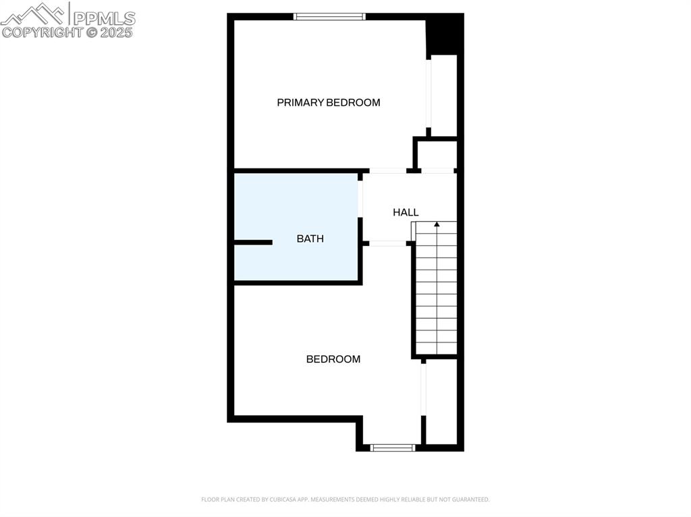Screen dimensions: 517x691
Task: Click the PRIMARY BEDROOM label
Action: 329,102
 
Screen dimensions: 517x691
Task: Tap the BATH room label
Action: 310,239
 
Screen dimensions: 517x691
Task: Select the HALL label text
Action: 406,212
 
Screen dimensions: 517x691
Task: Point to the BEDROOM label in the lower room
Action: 333,359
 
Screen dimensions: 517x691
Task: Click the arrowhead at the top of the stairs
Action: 437,224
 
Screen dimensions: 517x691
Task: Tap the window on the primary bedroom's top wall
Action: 329,16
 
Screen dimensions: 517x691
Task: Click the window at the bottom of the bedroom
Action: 393,447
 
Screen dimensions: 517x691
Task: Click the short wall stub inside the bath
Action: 253,242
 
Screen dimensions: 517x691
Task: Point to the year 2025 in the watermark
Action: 117,32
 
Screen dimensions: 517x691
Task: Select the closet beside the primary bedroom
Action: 443,94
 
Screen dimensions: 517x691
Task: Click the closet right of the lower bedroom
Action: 441,401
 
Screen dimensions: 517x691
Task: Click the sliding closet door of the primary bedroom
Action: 429,94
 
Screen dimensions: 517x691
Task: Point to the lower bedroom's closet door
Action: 423,390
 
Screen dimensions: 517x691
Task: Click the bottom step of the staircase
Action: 437,348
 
